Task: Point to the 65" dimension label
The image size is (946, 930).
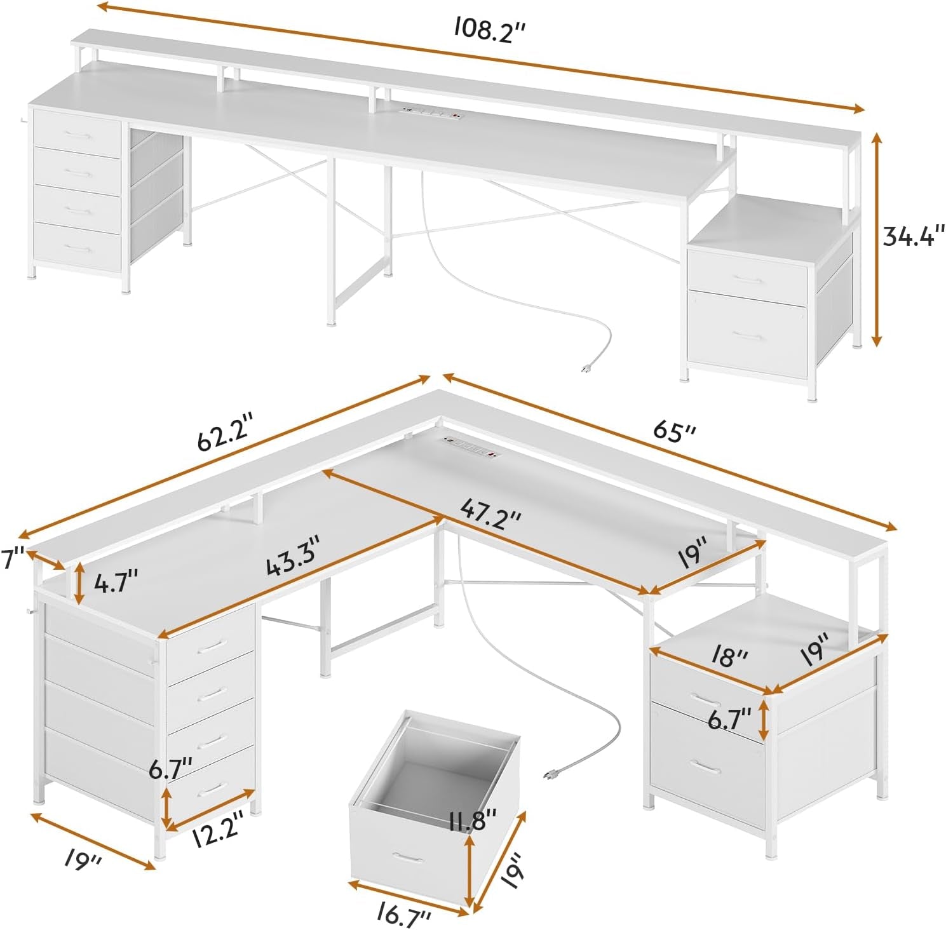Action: [x=675, y=431]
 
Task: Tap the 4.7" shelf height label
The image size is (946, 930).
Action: [x=115, y=582]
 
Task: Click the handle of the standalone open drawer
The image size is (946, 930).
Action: [x=407, y=858]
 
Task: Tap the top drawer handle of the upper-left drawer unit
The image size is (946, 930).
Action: [x=79, y=135]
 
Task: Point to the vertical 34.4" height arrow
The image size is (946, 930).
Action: [x=877, y=239]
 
